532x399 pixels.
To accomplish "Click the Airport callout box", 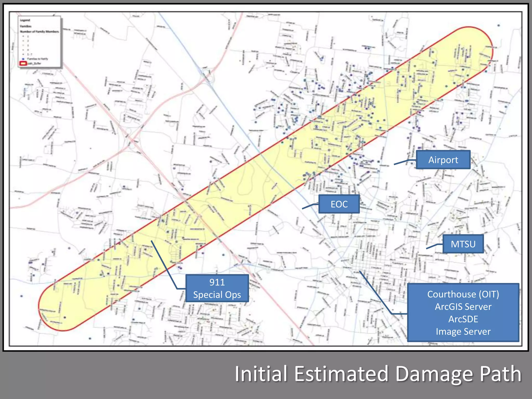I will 443,160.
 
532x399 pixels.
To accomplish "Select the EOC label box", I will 339,204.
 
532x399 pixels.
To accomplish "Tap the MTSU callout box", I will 463,244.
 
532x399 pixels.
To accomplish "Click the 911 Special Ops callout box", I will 217,288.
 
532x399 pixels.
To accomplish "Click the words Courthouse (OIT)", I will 463,294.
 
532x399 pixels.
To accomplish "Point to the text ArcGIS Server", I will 463,307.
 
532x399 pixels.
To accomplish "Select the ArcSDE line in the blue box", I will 463,319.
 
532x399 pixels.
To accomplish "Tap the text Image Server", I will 463,332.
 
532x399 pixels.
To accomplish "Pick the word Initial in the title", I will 261,374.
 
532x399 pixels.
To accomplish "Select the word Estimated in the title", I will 341,374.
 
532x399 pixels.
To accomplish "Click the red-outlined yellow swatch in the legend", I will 23,63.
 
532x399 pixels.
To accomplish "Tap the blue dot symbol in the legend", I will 23,59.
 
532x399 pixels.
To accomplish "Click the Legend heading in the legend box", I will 25,20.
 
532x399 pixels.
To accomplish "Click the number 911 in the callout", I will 217,282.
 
